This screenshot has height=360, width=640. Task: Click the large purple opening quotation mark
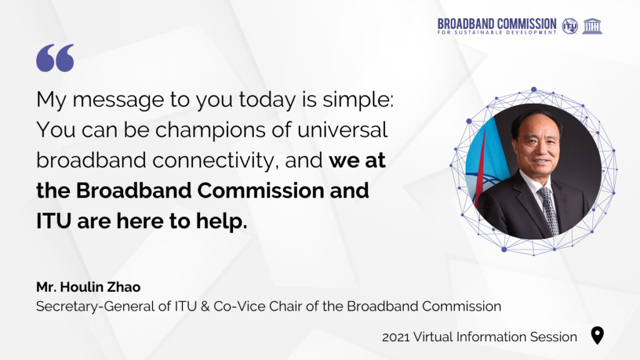(x=55, y=58)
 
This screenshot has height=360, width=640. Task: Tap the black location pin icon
(x=597, y=336)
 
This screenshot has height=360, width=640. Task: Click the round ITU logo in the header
(x=570, y=26)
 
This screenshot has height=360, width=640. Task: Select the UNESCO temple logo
(x=592, y=26)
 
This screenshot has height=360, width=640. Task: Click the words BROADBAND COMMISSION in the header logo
(x=497, y=24)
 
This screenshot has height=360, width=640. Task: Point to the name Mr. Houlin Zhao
(x=88, y=287)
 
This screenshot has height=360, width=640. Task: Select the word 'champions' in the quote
(x=223, y=131)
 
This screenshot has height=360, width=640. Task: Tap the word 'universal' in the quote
(x=342, y=130)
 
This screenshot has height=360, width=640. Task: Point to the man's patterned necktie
(x=549, y=210)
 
